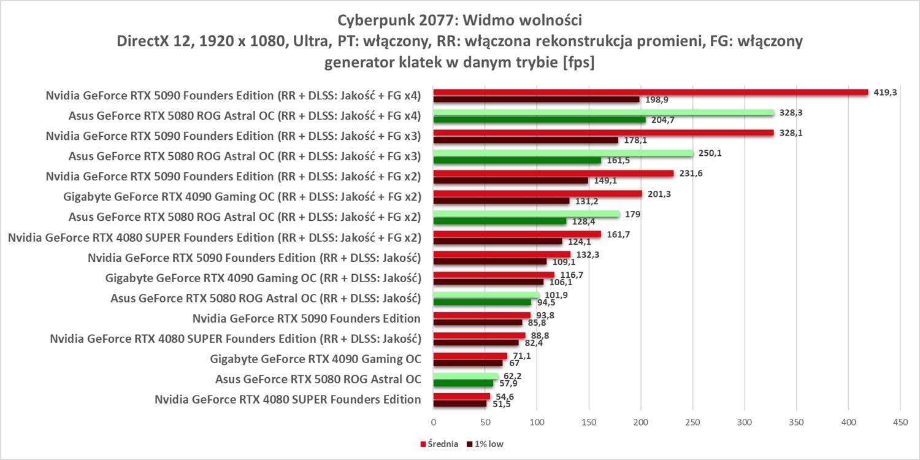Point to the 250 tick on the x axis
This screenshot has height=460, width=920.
[692, 422]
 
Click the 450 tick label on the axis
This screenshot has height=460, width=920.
[900, 422]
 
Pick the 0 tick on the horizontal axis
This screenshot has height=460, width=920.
[434, 422]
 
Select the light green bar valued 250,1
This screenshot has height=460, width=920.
[563, 153]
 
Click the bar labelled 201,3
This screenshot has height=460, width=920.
[538, 193]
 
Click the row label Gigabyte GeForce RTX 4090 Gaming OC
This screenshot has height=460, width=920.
[315, 359]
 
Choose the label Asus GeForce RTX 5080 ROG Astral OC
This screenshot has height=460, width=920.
[318, 379]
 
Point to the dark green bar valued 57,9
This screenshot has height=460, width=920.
[463, 383]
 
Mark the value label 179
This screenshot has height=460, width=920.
[632, 213]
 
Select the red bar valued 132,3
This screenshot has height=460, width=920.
[502, 254]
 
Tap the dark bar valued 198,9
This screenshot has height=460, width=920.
[537, 99]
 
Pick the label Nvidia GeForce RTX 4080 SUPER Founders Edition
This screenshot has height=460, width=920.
[288, 399]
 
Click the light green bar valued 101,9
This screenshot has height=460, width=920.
[486, 295]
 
